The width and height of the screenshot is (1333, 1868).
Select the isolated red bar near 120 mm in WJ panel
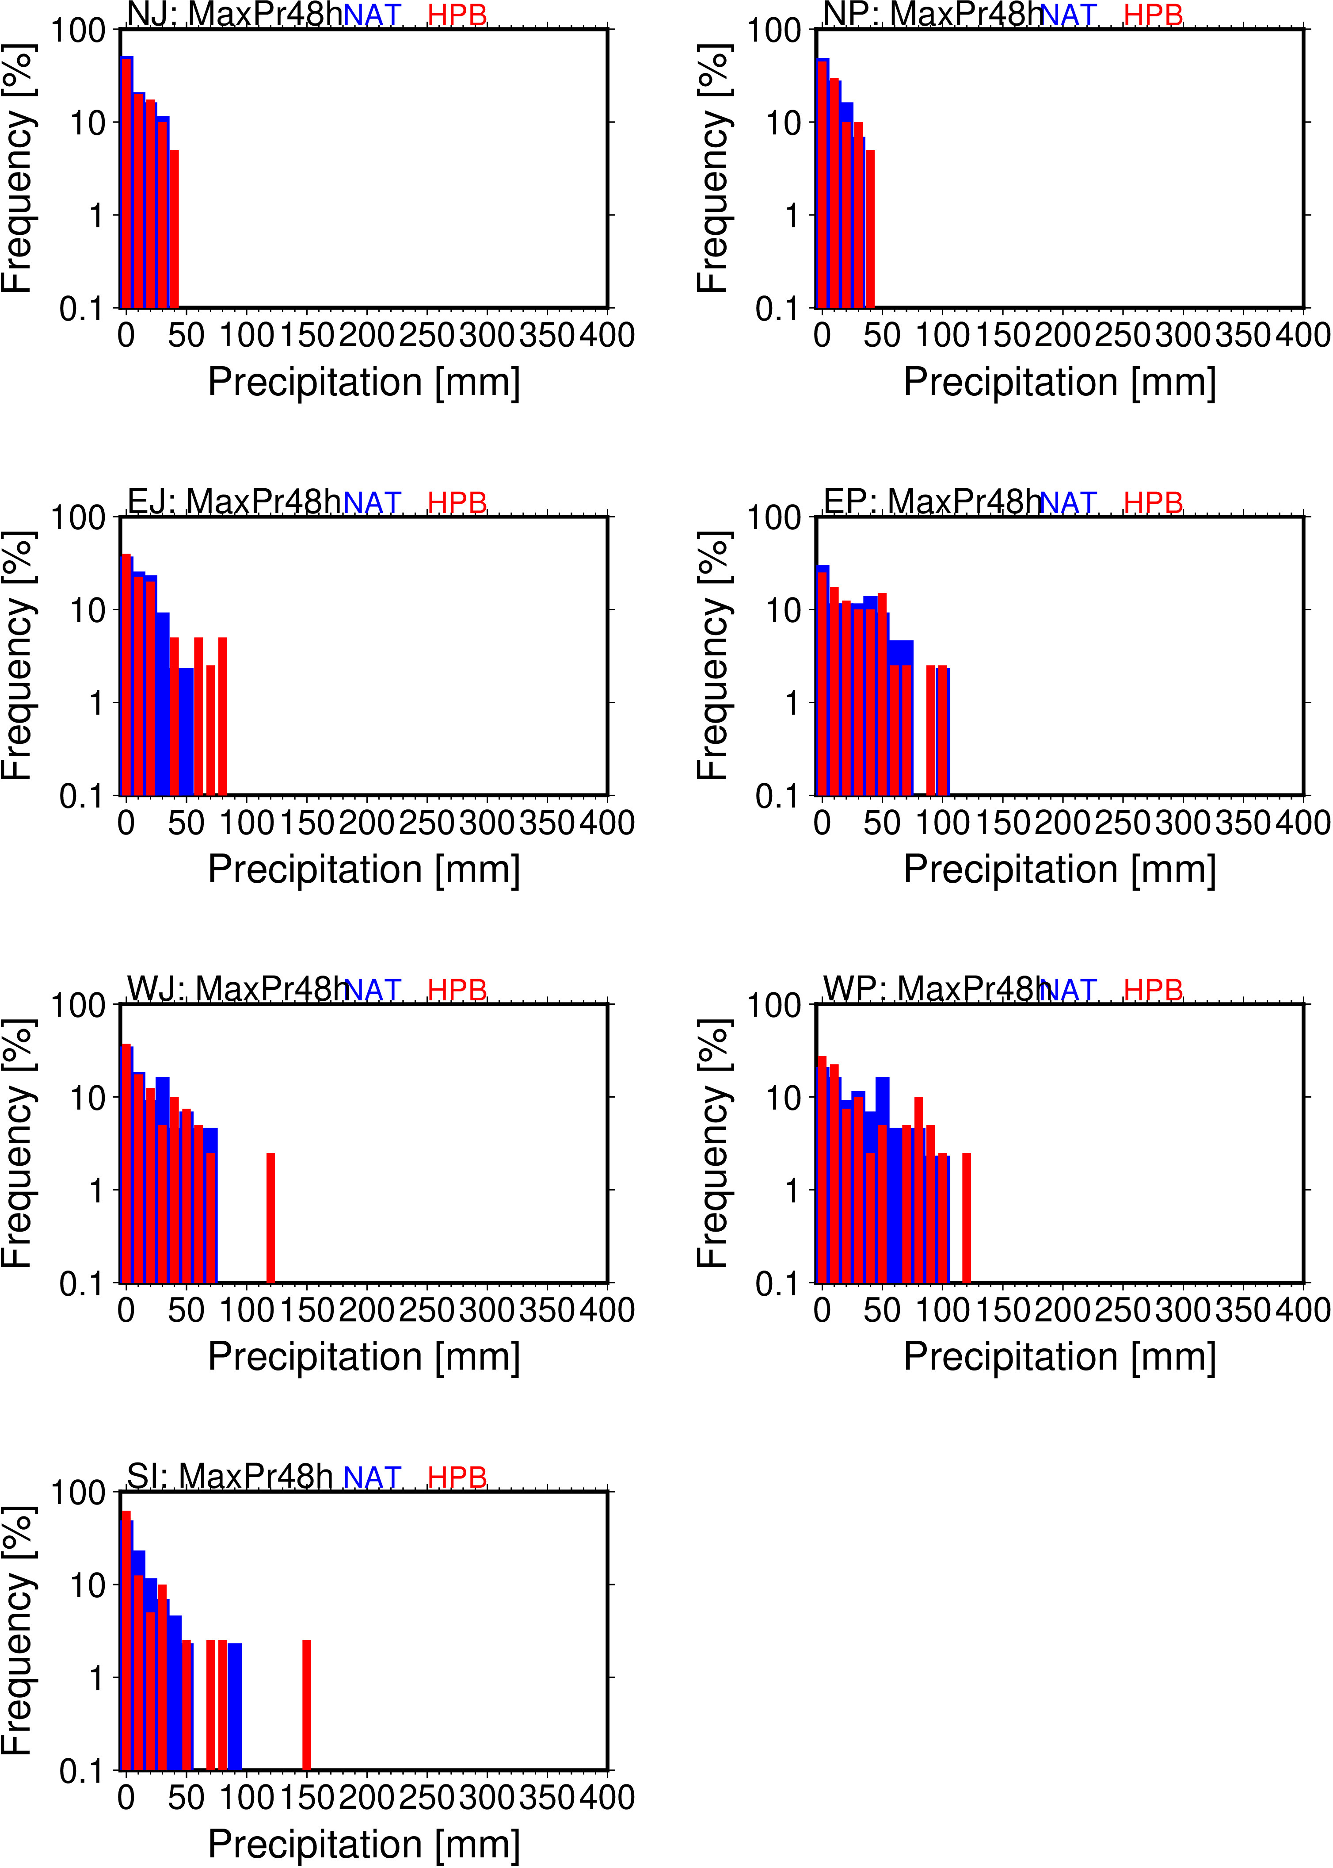coord(271,1217)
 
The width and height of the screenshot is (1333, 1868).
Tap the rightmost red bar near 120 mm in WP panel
coord(967,1217)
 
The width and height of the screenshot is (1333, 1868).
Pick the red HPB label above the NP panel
coord(1153,15)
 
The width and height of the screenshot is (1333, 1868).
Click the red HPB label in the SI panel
coord(457,1477)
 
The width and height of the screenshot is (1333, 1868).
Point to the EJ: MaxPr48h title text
coord(234,501)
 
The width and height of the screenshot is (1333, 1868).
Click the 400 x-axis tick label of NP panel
coord(1303,335)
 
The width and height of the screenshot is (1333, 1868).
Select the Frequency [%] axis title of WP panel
coord(712,1143)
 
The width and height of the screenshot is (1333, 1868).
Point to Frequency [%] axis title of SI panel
coord(16,1630)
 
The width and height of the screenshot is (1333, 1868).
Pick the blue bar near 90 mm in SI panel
coord(235,1706)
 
